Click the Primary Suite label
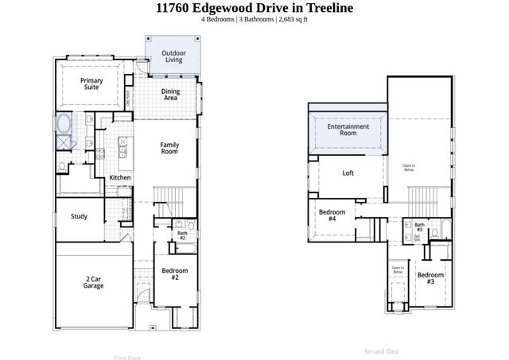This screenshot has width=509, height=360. pyautogui.click(x=92, y=84)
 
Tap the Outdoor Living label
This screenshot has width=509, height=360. pyautogui.click(x=173, y=57)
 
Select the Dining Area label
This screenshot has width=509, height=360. pyautogui.click(x=171, y=95)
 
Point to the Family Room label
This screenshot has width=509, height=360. pyautogui.click(x=169, y=148)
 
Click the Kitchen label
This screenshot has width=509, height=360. pyautogui.click(x=120, y=177)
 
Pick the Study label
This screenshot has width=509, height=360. pyautogui.click(x=79, y=216)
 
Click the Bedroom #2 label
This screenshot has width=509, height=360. pyautogui.click(x=175, y=274)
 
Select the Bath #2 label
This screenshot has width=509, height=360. pyautogui.click(x=182, y=236)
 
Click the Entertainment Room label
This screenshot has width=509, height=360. pyautogui.click(x=349, y=130)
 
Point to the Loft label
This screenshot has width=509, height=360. pyautogui.click(x=348, y=172)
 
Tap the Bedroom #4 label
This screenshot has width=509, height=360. pyautogui.click(x=332, y=216)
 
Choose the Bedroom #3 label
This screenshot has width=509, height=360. pyautogui.click(x=430, y=278)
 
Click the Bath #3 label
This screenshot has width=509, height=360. pyautogui.click(x=418, y=228)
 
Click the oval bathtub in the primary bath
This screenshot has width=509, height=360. pyautogui.click(x=64, y=125)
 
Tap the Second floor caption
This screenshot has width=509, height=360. pyautogui.click(x=382, y=350)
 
